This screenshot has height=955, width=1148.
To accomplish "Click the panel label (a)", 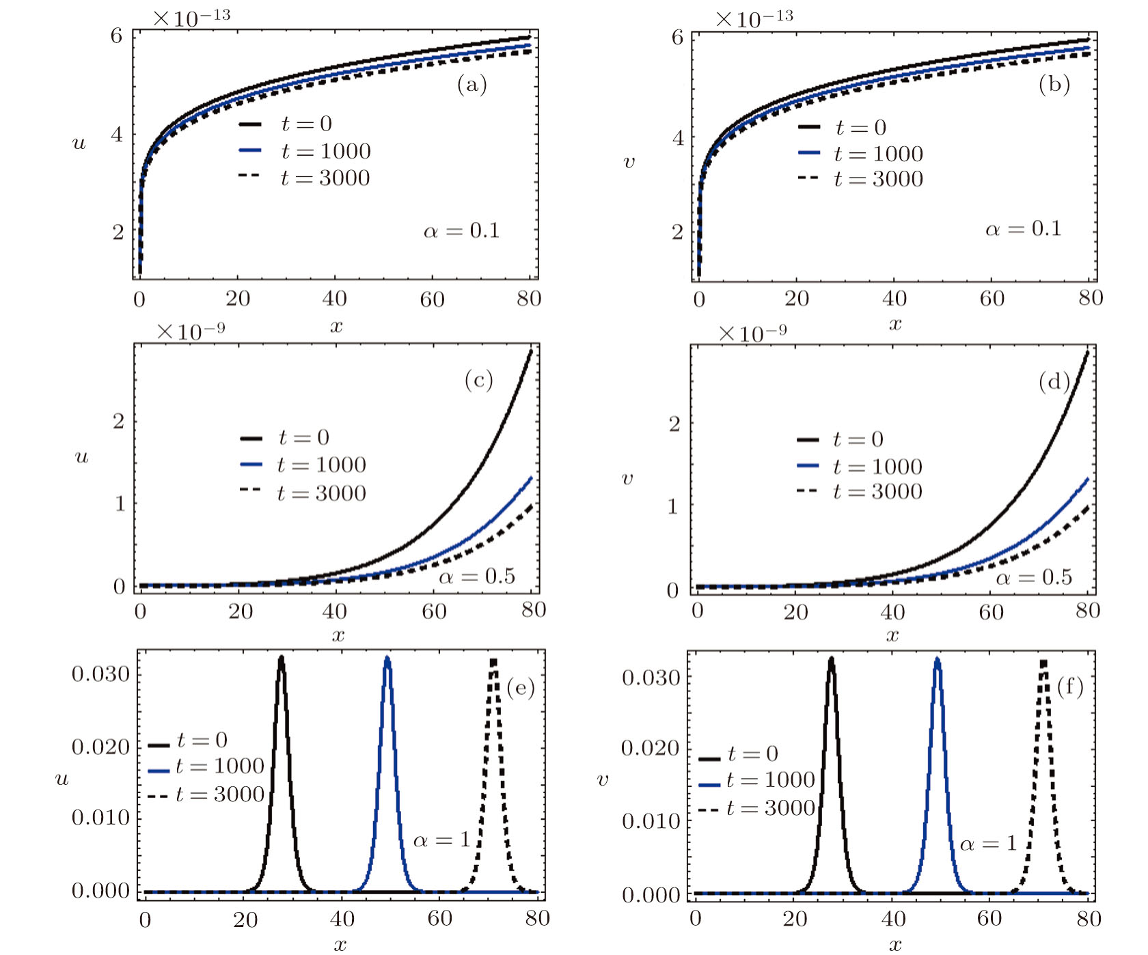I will [x=471, y=85].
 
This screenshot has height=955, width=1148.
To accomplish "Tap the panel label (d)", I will [x=1054, y=381].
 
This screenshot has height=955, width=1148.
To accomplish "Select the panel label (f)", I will [x=1070, y=686].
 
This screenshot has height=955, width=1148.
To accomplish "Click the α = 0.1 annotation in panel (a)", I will [x=462, y=231].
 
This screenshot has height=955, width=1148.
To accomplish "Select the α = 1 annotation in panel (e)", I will [x=441, y=840].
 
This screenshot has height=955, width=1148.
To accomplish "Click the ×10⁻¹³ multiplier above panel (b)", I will [x=754, y=18].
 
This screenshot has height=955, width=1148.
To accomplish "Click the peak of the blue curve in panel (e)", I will [x=387, y=659].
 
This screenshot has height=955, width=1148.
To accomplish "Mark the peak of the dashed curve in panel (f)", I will [x=1043, y=661].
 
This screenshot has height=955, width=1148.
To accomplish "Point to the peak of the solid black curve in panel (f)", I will [x=831, y=659].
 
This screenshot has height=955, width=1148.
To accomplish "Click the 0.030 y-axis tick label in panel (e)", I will [x=100, y=674].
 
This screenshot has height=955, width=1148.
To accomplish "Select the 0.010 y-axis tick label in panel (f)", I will [x=651, y=821].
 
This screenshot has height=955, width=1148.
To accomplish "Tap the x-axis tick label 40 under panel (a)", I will [x=335, y=299].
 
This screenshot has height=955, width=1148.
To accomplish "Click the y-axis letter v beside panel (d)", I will [x=627, y=478].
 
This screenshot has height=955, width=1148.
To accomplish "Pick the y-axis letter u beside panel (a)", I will [x=79, y=143].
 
